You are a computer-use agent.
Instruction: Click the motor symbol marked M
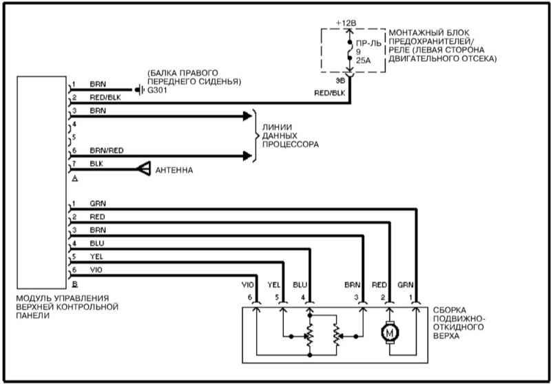390,332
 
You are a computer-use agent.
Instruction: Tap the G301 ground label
157,90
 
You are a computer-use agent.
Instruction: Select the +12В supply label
346,23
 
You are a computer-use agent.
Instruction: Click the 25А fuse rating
364,61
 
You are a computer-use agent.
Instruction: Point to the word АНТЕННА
174,170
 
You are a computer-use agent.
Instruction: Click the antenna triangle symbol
144,169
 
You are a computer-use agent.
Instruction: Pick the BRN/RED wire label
107,151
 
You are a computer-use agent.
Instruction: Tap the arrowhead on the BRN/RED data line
247,156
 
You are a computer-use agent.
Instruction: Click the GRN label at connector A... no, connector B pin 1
98,204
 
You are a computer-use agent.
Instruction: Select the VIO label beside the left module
96,270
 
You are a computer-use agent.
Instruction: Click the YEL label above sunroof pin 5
273,285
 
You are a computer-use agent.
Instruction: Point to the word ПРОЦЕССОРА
291,145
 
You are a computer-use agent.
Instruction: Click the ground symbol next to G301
140,90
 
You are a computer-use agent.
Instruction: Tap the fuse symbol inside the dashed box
350,50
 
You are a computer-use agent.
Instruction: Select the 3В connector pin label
340,81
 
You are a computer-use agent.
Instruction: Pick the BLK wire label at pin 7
96,164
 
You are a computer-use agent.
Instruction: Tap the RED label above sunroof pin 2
380,285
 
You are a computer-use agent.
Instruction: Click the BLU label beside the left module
96,244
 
